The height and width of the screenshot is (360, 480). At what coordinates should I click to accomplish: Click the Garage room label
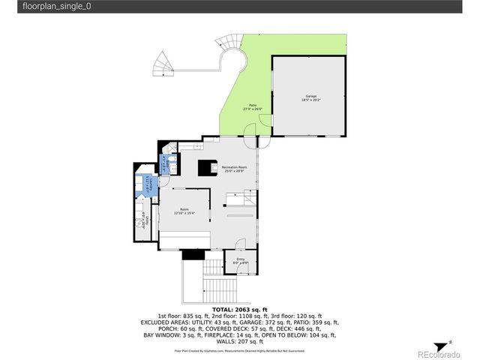coord(310,97)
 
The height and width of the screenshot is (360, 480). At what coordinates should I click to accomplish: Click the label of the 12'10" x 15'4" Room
coord(184,211)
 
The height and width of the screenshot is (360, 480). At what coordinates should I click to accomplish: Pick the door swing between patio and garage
coord(262,140)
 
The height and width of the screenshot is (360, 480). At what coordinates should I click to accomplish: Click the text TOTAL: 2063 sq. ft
coord(239,309)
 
